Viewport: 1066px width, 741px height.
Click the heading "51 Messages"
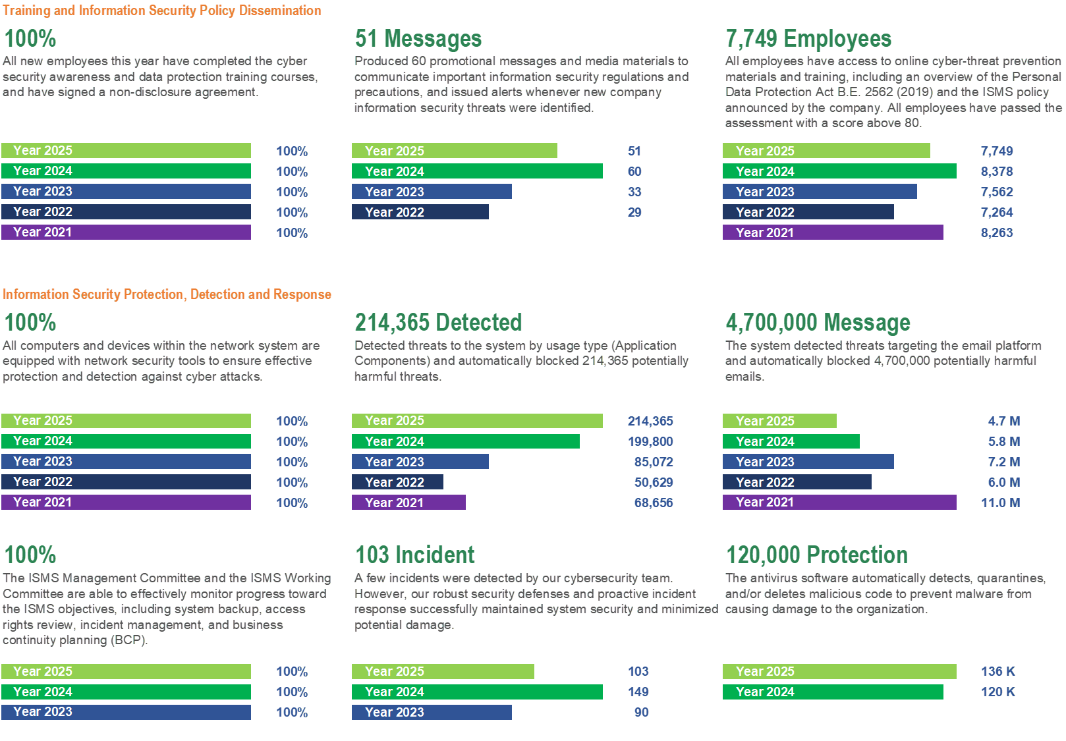click(418, 39)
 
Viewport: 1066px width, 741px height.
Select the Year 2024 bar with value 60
click(477, 171)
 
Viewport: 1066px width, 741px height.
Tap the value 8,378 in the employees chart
click(996, 171)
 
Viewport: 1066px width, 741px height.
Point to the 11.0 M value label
click(1000, 503)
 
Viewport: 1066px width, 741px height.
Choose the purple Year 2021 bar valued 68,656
click(408, 503)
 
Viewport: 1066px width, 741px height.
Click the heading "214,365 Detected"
click(438, 323)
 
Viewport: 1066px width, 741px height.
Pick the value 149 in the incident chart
click(638, 692)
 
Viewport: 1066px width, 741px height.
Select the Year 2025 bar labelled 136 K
click(839, 671)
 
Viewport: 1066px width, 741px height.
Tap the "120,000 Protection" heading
click(816, 555)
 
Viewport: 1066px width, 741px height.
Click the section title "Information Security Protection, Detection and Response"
click(167, 294)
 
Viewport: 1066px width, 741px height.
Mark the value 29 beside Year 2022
click(634, 212)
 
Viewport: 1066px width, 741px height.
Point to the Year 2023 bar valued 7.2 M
click(808, 462)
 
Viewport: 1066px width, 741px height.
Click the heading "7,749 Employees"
click(808, 39)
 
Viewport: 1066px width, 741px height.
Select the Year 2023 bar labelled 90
click(432, 712)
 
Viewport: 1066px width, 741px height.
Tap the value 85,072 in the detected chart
click(653, 462)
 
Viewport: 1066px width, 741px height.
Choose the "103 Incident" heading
click(415, 555)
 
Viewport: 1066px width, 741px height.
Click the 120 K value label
click(997, 692)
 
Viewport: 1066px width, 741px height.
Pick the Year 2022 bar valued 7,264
click(808, 212)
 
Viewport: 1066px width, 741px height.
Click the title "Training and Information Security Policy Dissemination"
click(162, 11)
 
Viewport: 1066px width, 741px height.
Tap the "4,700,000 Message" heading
click(818, 323)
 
